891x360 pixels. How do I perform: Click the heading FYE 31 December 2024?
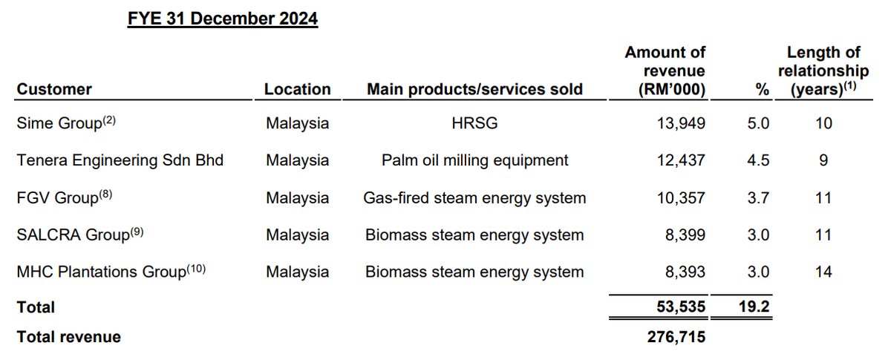coord(222,19)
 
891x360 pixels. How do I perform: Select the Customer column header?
coord(54,89)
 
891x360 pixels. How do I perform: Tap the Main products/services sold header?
coord(474,89)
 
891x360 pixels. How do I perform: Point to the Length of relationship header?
coord(823,71)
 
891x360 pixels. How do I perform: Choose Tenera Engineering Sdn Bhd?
coord(120,160)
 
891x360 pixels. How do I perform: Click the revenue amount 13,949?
coord(681,123)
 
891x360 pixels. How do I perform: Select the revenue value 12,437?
coord(681,160)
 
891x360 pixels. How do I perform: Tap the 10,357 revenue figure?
coord(681,197)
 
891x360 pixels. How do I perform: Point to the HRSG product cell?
coord(474,123)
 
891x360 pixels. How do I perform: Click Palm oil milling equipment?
coord(474,160)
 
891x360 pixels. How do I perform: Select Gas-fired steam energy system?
coord(474,197)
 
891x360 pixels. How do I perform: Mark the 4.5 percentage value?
coord(758,160)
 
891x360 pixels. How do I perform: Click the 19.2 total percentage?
coord(754,307)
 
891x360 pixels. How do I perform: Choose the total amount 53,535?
coord(681,307)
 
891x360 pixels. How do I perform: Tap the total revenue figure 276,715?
coord(676,336)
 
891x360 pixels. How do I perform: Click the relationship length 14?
coord(823,272)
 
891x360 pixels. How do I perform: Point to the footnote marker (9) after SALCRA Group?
coord(137,231)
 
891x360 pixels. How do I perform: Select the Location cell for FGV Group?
coord(297,197)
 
